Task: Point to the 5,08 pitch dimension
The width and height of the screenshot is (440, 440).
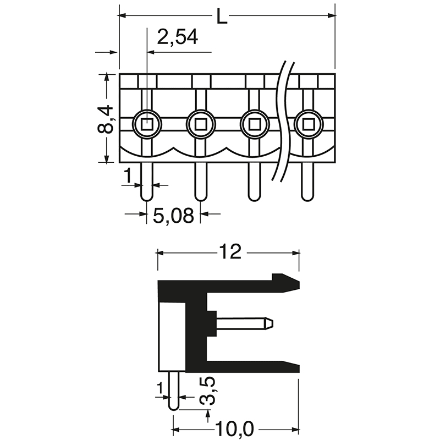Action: click(173, 216)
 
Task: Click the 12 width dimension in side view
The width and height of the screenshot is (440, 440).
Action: click(230, 252)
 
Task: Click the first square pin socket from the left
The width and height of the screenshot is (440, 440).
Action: click(147, 124)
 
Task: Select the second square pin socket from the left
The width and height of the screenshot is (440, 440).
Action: click(201, 124)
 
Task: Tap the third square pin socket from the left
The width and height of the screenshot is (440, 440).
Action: click(254, 124)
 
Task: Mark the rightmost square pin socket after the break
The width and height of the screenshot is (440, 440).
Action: click(307, 124)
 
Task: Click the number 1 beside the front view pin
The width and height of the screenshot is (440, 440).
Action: click(127, 176)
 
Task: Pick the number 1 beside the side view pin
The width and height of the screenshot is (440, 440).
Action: click(160, 389)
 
